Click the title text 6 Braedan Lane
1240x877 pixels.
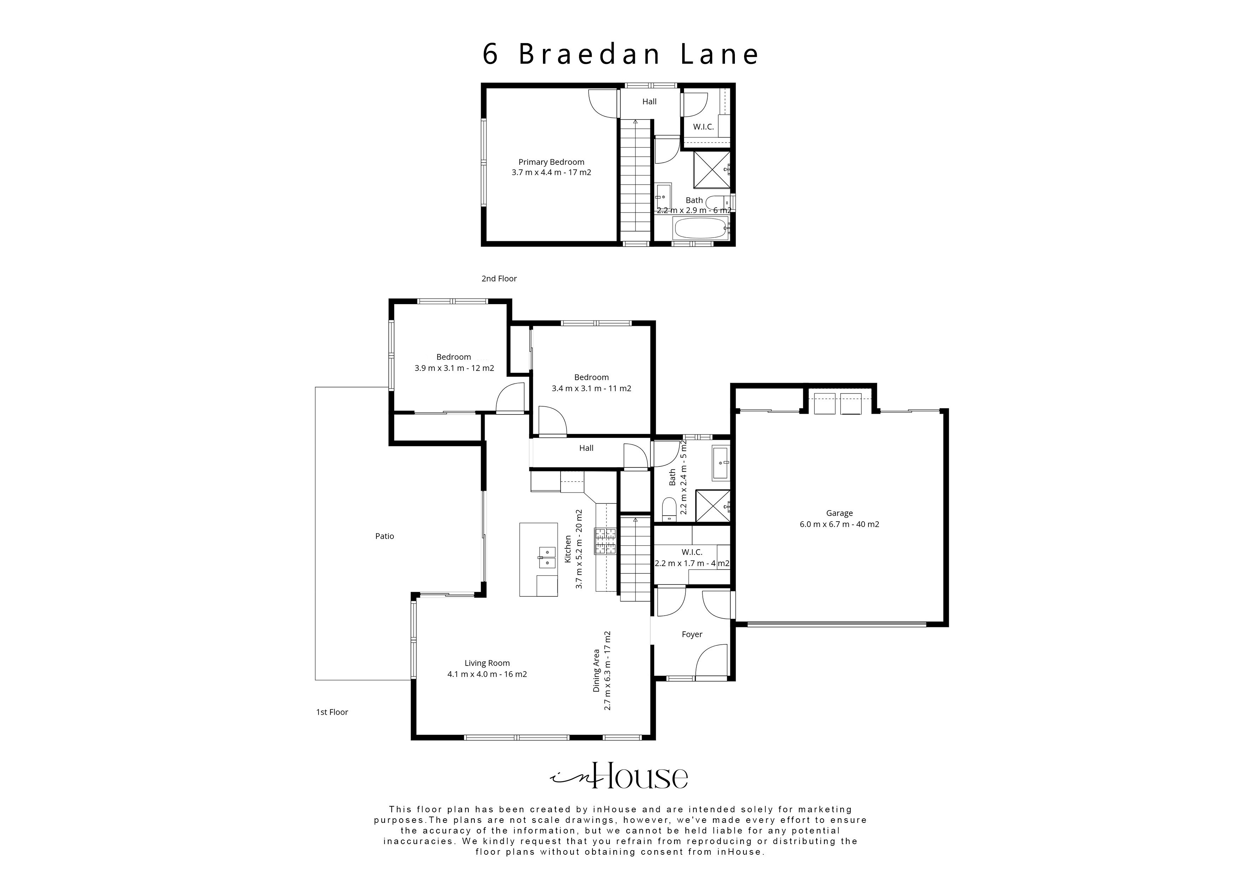point(621,54)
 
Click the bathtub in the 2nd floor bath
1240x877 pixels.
point(700,228)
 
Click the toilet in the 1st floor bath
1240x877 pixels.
point(669,509)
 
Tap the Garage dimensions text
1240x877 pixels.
point(839,524)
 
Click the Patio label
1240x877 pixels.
point(385,536)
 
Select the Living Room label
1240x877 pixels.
point(487,663)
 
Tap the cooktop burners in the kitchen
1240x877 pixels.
point(606,541)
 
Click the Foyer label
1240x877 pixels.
point(691,634)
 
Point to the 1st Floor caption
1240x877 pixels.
point(332,712)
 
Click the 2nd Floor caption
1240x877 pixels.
point(499,279)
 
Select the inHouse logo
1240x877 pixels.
point(619,777)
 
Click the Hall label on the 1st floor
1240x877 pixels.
point(586,448)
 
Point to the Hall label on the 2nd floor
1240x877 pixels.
point(649,101)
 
